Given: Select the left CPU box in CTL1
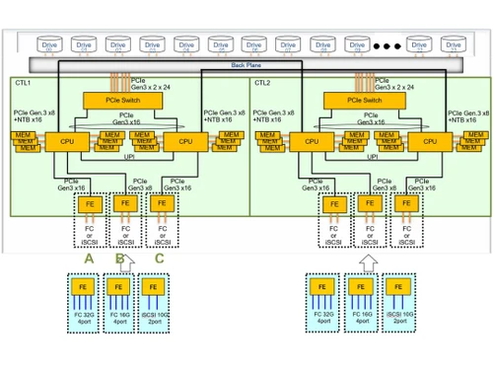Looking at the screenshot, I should point(64,142).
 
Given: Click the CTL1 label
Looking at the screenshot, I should point(23,84).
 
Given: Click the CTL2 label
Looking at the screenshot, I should point(262,84).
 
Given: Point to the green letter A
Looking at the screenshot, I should point(89,259).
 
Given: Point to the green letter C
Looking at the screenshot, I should point(159,259).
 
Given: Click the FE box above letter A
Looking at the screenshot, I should point(90,204).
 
